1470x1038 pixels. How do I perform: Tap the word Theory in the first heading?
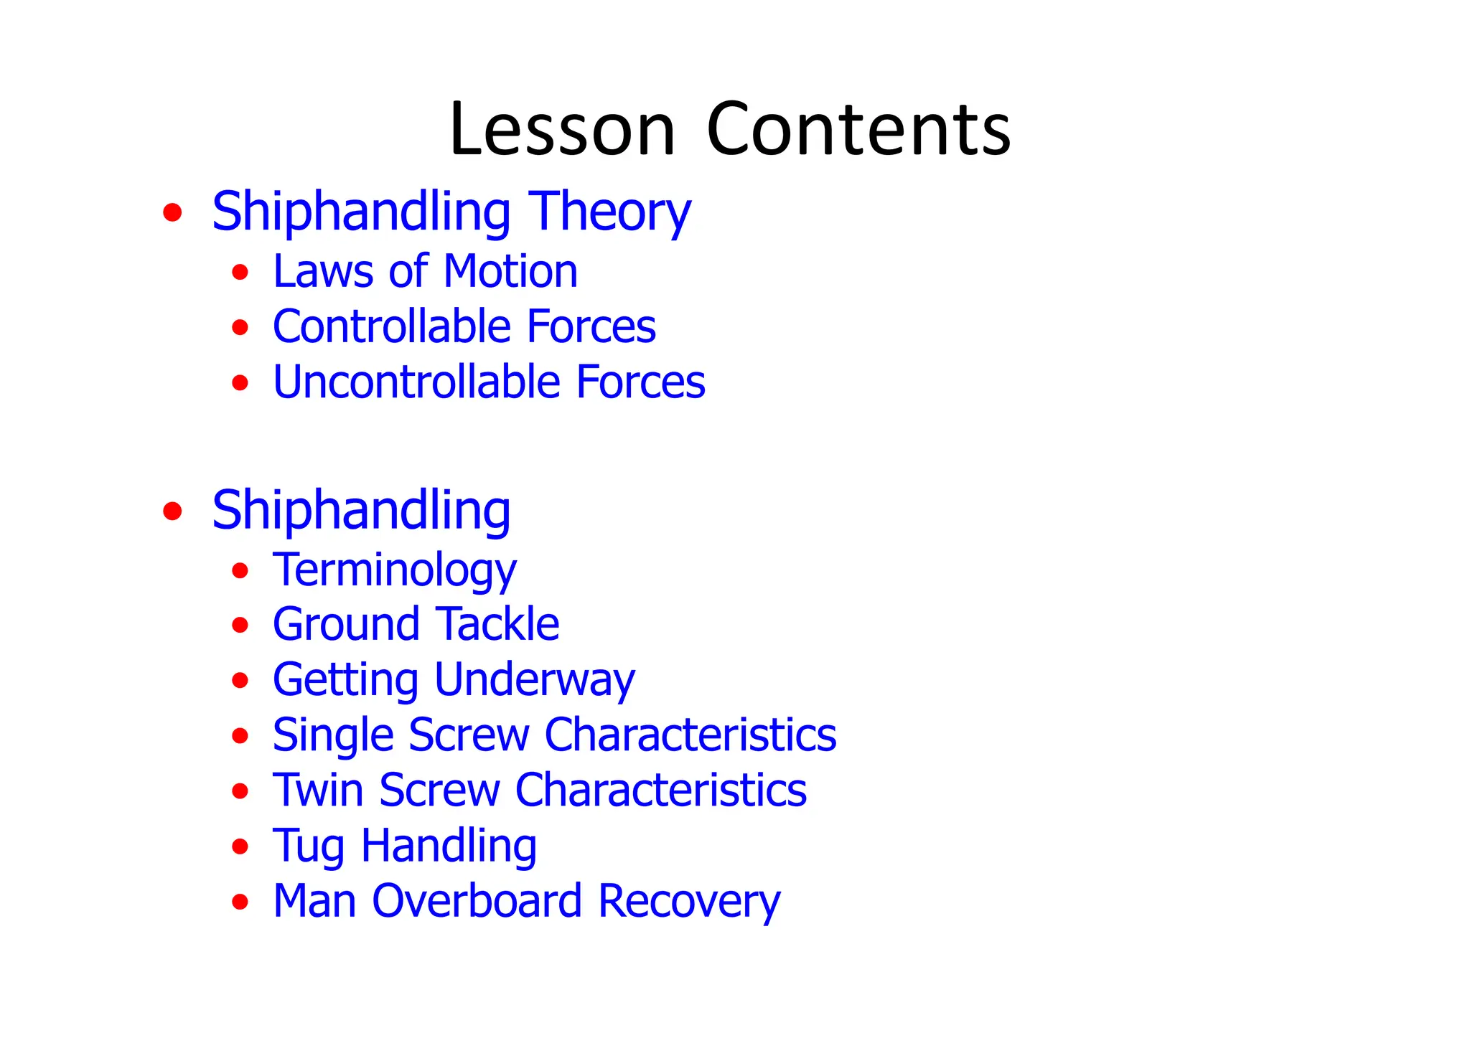[609, 212]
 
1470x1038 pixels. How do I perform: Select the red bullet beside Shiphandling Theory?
[172, 212]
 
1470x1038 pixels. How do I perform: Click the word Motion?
[510, 272]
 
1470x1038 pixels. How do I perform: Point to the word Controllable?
[392, 326]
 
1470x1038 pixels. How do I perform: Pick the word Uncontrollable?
[416, 382]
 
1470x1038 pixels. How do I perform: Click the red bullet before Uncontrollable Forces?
[240, 382]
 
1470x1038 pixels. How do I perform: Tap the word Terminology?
[394, 571]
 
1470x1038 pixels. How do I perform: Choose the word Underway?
[535, 680]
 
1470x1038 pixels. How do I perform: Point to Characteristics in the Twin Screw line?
[661, 791]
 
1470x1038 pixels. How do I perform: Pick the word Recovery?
[689, 902]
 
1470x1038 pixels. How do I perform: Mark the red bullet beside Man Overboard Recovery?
[240, 902]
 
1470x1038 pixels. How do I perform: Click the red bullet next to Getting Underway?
[240, 680]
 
